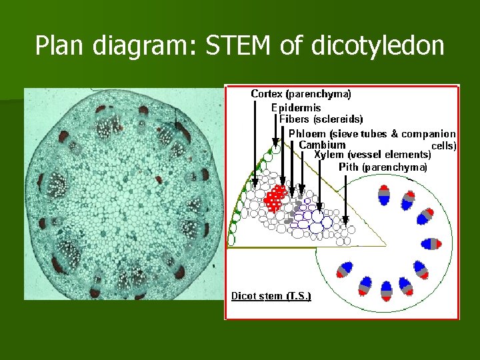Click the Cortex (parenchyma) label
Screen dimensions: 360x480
[x=301, y=94]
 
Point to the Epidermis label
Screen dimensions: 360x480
[x=296, y=107]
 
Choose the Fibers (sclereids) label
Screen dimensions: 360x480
[x=321, y=119]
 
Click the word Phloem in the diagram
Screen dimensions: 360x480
[x=305, y=133]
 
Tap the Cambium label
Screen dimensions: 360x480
[x=322, y=145]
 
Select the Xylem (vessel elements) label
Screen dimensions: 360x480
[x=372, y=155]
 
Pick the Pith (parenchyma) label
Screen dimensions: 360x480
[x=383, y=167]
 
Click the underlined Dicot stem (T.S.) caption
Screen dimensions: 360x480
[x=271, y=295]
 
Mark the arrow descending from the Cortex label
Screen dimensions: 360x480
[x=254, y=140]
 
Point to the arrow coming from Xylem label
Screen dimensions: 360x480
[x=320, y=187]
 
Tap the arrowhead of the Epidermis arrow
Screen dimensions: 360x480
[x=275, y=142]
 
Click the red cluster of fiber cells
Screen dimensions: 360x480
[x=275, y=198]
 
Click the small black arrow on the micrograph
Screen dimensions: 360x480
[x=175, y=121]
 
